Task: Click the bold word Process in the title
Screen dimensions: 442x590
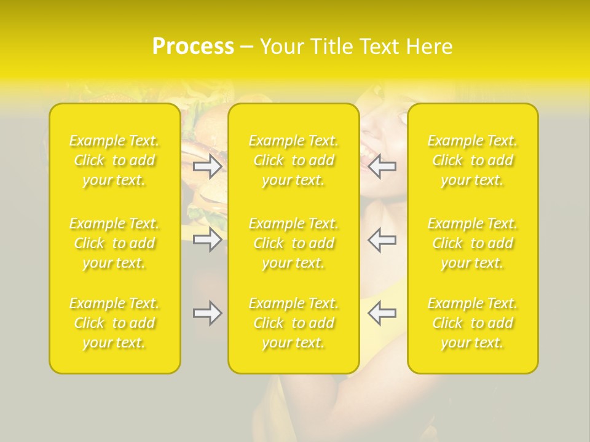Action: tap(193, 47)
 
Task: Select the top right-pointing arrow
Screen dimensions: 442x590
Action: tap(207, 166)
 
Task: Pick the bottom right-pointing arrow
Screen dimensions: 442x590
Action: tap(207, 313)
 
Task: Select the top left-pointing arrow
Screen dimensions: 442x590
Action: tap(382, 166)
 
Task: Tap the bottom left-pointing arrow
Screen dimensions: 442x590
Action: tap(382, 313)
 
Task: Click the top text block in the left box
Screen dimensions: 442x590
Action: tap(114, 160)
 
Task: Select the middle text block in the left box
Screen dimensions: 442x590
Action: tap(114, 243)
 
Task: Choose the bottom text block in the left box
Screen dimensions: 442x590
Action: tap(114, 323)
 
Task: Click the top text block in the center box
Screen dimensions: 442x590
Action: tap(294, 160)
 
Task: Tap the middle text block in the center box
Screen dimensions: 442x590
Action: tap(294, 243)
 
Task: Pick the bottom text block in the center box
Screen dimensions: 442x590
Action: tap(294, 323)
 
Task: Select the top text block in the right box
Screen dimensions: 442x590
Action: tap(473, 160)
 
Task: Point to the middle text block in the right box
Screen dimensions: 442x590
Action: tap(473, 243)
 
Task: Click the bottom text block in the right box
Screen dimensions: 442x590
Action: tap(473, 323)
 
